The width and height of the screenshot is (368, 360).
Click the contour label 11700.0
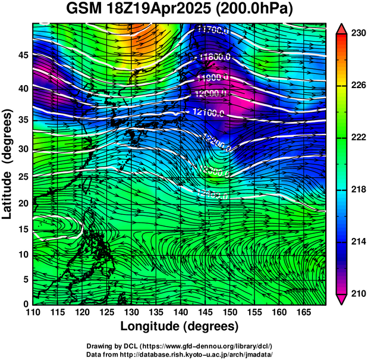pos(213,28)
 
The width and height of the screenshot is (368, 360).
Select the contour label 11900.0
pos(212,77)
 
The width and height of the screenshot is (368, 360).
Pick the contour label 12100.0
pos(208,112)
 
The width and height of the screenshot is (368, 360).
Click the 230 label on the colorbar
pos(358,33)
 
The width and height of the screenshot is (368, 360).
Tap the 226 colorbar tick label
pos(358,86)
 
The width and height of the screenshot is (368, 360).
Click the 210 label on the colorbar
pos(358,294)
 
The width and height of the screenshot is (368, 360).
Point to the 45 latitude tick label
pos(23,55)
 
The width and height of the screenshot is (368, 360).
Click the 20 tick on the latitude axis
pos(23,204)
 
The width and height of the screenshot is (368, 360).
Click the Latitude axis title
pos(8,164)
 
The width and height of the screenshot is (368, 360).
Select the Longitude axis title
pos(180,326)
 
